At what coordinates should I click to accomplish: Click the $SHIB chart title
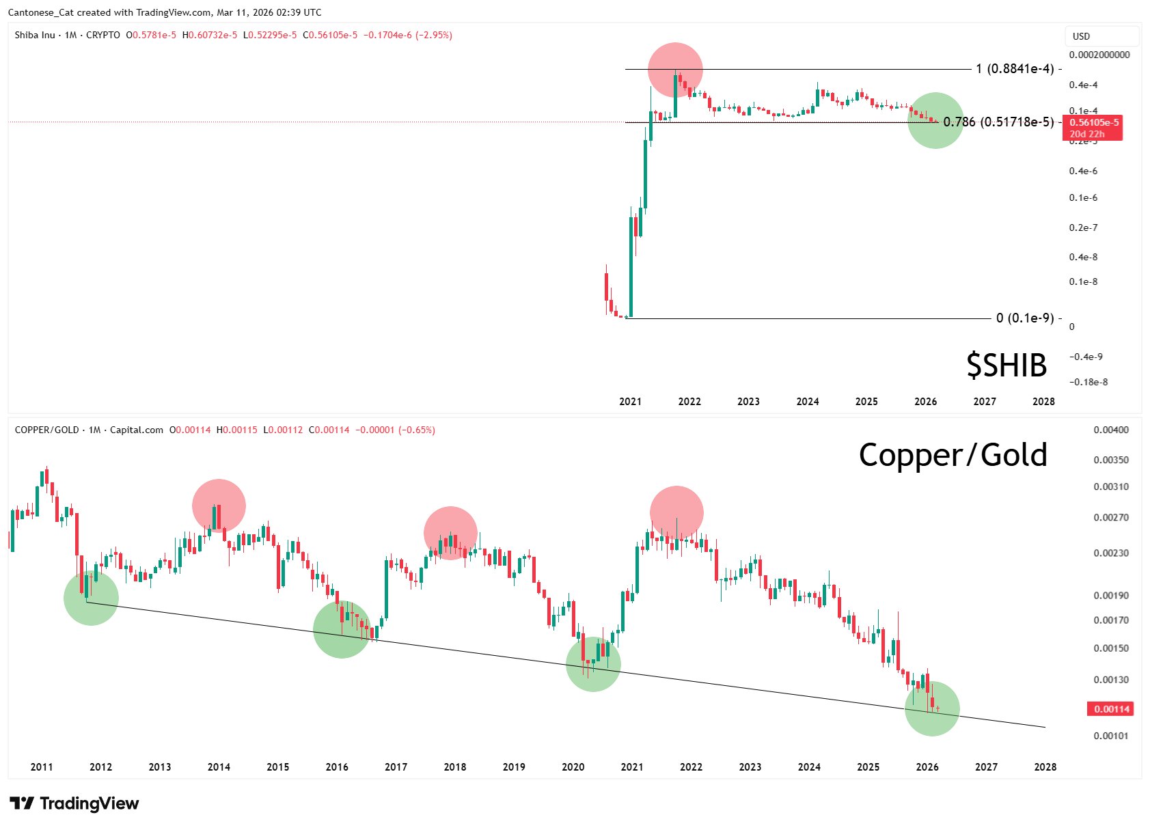(1006, 365)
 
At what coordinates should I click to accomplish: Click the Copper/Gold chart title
(953, 455)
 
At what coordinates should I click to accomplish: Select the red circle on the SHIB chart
(675, 70)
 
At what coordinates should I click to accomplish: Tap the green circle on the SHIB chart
(935, 120)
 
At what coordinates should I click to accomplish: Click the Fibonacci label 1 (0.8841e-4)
(1015, 69)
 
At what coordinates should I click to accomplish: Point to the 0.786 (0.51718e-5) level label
(998, 122)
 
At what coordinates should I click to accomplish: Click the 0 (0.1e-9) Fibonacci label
(1025, 318)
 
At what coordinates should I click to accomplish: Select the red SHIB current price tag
(1093, 128)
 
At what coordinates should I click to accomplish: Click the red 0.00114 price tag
(1110, 709)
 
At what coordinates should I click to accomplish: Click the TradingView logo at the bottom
(74, 803)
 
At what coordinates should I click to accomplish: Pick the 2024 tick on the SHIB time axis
(807, 402)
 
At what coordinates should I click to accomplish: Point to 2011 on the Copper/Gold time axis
(42, 767)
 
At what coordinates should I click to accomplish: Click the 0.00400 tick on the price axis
(1111, 430)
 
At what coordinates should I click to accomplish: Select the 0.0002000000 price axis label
(1099, 55)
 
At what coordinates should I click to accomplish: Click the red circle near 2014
(219, 506)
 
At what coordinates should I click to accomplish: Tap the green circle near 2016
(342, 630)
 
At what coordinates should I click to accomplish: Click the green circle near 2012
(91, 598)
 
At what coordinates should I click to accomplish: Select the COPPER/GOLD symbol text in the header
(46, 430)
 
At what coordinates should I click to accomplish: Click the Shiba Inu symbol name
(35, 35)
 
